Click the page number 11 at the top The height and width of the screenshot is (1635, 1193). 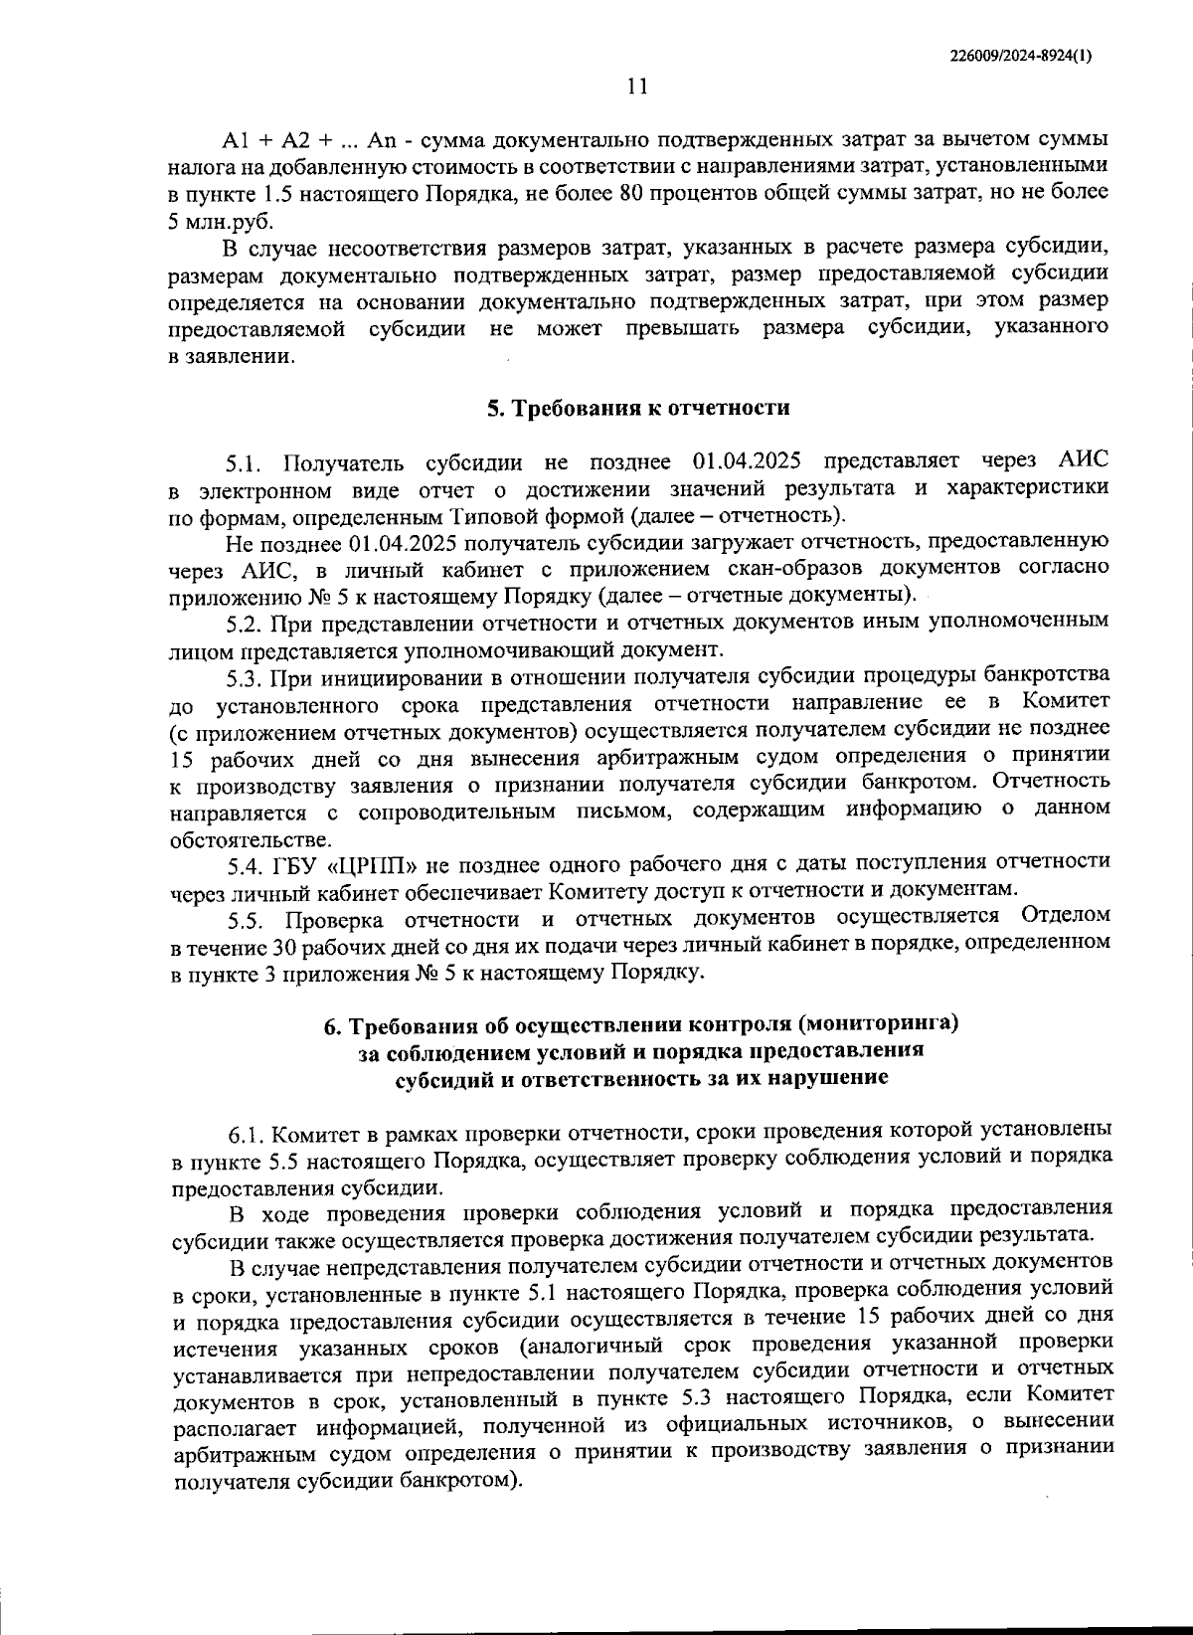click(637, 87)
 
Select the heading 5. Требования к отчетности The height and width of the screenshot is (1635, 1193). click(637, 408)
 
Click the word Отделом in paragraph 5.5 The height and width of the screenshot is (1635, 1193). click(1065, 915)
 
